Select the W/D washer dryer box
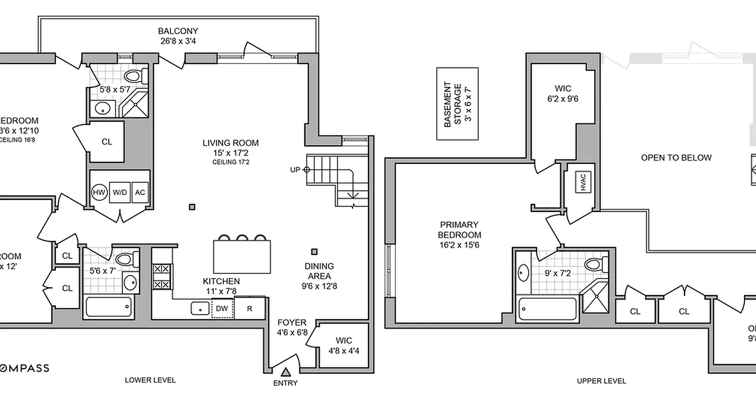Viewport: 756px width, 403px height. (x=120, y=192)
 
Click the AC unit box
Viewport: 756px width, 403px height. (x=141, y=192)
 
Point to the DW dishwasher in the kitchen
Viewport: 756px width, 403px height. (x=222, y=308)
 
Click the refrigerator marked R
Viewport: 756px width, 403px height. (x=249, y=308)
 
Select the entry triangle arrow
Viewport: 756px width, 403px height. (x=286, y=373)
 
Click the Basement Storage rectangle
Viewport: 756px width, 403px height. (x=457, y=104)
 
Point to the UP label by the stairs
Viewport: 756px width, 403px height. (x=295, y=170)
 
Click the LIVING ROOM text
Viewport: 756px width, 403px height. (x=230, y=143)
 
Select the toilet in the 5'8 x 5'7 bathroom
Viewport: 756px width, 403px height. (x=134, y=76)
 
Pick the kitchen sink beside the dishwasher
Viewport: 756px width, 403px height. (x=200, y=308)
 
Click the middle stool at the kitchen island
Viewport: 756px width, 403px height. (x=242, y=237)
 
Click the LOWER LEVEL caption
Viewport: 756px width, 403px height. (x=150, y=380)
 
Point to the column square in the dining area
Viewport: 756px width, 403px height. (x=314, y=251)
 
